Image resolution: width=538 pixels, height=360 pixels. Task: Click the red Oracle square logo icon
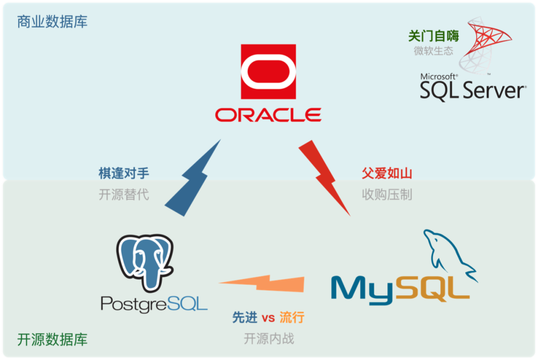268,71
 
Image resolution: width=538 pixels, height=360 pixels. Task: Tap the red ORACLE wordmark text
268,115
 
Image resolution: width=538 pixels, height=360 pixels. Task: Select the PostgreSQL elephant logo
144,261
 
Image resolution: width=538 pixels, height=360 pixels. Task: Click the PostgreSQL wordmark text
154,303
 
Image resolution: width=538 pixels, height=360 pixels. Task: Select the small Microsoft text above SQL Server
439,77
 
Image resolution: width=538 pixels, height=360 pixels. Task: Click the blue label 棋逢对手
124,173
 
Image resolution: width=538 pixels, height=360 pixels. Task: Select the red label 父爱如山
387,173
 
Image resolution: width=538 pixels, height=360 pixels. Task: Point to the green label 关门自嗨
433,36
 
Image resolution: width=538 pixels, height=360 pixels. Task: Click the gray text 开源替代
124,194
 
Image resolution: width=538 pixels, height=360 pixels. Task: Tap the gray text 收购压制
387,194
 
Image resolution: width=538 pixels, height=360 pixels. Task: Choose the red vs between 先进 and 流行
268,317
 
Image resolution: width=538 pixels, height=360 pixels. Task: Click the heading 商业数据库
52,22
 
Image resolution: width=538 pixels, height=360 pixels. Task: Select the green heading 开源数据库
52,340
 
